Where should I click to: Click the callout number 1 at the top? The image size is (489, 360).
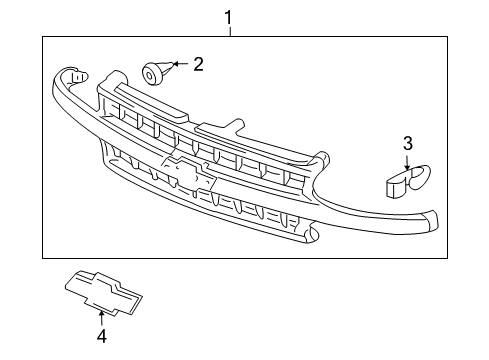[229, 16]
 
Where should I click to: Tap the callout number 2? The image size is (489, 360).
[198, 65]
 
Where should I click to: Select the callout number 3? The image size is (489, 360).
[407, 143]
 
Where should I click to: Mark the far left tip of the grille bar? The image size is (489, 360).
[66, 76]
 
